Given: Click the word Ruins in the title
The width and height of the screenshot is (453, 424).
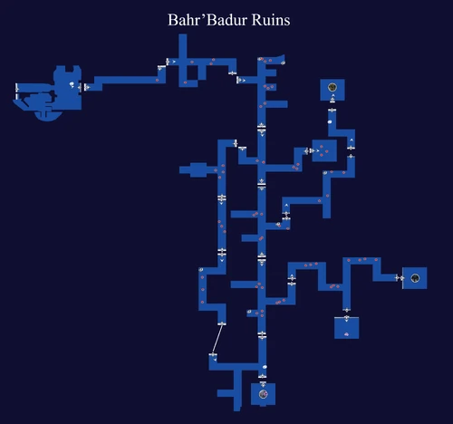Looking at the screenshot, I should tap(268, 20).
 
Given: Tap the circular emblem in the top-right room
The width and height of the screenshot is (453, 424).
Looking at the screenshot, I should tap(333, 88).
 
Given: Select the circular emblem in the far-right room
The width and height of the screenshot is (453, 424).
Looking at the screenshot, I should tap(415, 278).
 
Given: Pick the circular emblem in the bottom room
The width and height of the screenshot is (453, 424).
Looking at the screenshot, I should tap(263, 393).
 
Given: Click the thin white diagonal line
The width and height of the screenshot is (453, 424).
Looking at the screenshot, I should tap(217, 340).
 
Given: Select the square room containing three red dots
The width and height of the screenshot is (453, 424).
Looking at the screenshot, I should tap(324, 150).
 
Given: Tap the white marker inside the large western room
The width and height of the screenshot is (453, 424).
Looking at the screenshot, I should tap(72, 83).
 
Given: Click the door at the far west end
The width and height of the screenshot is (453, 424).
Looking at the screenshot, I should tap(17, 88).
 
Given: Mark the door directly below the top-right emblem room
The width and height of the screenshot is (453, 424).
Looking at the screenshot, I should tap(333, 110).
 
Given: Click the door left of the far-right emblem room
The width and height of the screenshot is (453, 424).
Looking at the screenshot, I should tap(397, 278).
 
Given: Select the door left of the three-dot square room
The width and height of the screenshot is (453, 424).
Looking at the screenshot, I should tap(309, 150).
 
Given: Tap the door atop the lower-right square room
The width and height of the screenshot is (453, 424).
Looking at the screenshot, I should tap(346, 309).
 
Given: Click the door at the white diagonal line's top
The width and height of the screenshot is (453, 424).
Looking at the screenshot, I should tap(222, 323).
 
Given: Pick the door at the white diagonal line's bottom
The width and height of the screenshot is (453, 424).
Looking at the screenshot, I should tap(212, 356).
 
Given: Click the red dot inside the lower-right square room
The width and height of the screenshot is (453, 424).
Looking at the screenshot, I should tap(346, 334).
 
